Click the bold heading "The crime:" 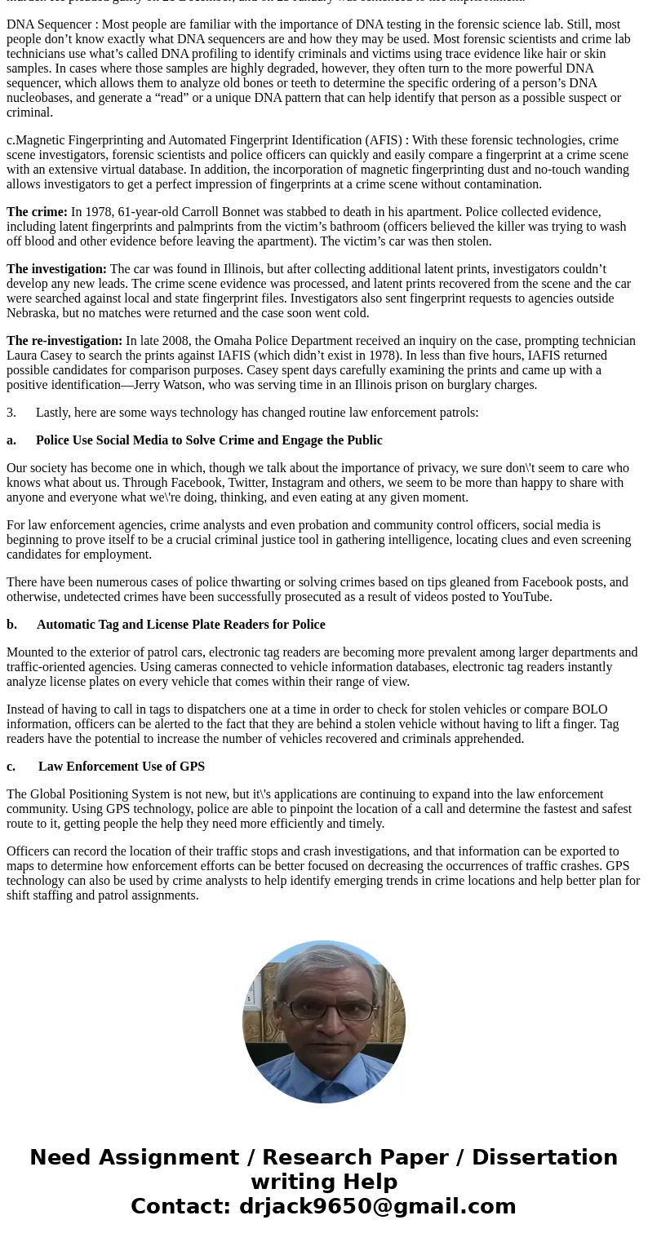(x=37, y=212)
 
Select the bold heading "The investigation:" (x=56, y=269)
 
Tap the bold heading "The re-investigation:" (x=64, y=341)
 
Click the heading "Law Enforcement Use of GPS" (x=122, y=767)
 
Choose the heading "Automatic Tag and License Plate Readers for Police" (x=180, y=625)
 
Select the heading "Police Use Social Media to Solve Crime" (x=163, y=440)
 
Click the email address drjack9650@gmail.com (x=377, y=1207)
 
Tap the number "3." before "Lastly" (x=11, y=413)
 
